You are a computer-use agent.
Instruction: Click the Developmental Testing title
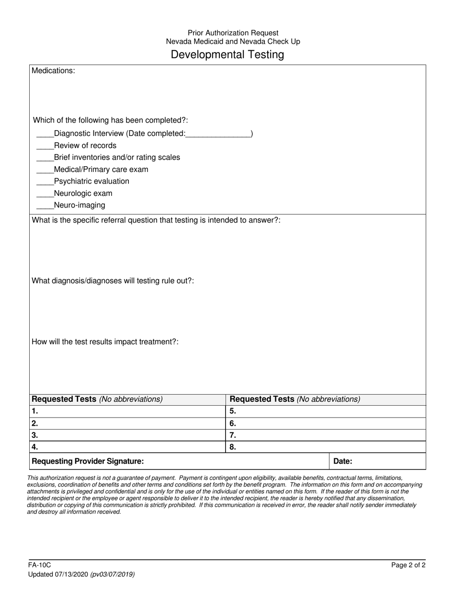tap(227, 55)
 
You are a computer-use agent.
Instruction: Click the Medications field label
tap(53, 71)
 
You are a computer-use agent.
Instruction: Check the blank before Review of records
tap(45, 146)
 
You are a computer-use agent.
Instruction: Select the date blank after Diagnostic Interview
tap(218, 134)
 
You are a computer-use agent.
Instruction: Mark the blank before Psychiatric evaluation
tap(45, 182)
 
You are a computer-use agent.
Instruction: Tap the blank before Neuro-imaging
tap(45, 206)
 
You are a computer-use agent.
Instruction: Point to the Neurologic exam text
tap(83, 193)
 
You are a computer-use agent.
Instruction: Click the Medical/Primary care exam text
tap(101, 170)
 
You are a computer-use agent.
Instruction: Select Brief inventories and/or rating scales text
tap(117, 158)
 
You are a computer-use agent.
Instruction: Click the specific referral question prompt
tap(156, 220)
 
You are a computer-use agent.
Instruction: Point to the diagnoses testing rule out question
tap(113, 281)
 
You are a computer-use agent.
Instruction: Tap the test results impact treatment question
tap(105, 342)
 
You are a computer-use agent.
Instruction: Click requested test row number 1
tap(127, 411)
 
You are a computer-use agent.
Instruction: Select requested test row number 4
tap(127, 447)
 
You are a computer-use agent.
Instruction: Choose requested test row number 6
tap(326, 423)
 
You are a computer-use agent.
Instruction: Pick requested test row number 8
tap(326, 447)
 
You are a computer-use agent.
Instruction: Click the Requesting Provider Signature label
tap(88, 462)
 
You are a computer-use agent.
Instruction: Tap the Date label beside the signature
tap(342, 462)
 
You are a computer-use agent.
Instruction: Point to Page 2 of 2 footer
tap(408, 566)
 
